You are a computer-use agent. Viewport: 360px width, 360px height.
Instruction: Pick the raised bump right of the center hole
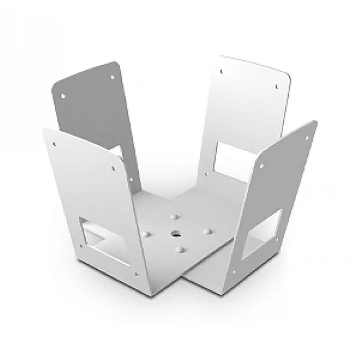click(x=209, y=229)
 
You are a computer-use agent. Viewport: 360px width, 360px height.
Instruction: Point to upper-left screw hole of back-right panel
click(x=220, y=71)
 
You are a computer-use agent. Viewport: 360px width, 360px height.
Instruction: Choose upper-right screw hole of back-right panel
click(x=275, y=85)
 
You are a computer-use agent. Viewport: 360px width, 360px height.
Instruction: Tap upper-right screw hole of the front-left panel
click(x=114, y=165)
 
